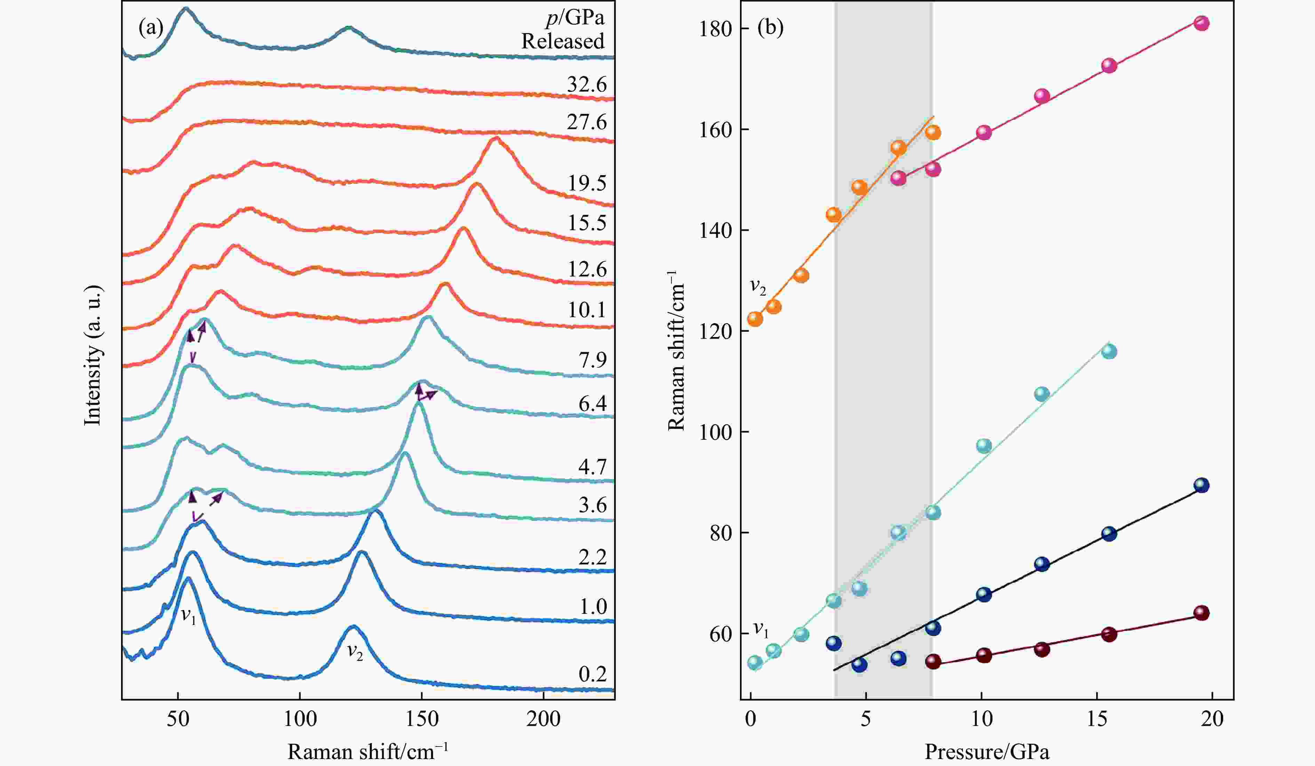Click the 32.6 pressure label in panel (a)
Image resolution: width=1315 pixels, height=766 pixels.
[587, 85]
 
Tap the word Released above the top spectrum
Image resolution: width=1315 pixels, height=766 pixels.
[563, 41]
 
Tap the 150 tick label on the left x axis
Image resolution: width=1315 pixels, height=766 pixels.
[422, 719]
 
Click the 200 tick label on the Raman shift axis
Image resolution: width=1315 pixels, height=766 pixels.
[543, 719]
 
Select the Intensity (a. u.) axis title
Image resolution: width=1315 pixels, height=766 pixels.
[93, 355]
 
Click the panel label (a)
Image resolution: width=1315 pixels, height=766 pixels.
[151, 27]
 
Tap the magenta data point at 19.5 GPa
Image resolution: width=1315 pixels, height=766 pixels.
[1201, 23]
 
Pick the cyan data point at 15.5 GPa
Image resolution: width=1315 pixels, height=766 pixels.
[1109, 351]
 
